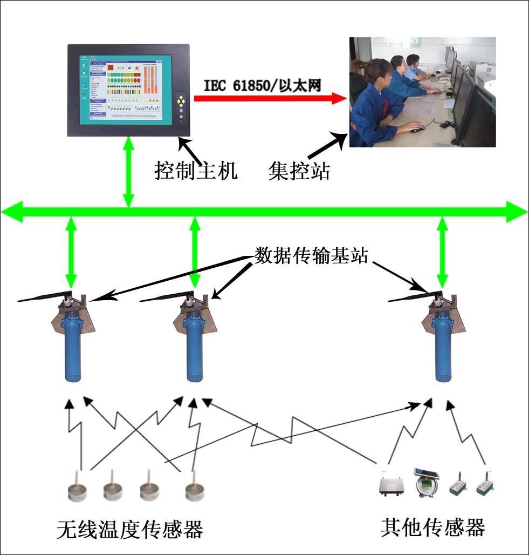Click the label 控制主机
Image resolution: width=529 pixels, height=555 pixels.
196,171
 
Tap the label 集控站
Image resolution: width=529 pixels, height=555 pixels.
299,171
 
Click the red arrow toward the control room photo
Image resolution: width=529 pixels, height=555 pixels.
270,98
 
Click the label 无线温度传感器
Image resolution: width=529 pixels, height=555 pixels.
130,529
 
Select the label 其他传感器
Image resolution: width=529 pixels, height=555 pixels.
433,526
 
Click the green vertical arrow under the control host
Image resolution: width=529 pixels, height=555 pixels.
128,172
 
